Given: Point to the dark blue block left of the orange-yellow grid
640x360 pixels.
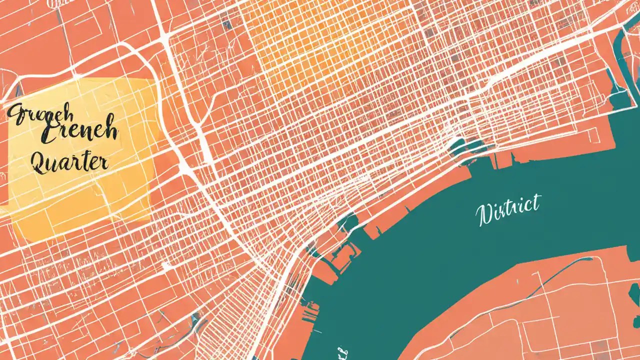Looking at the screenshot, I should point(227,24).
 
